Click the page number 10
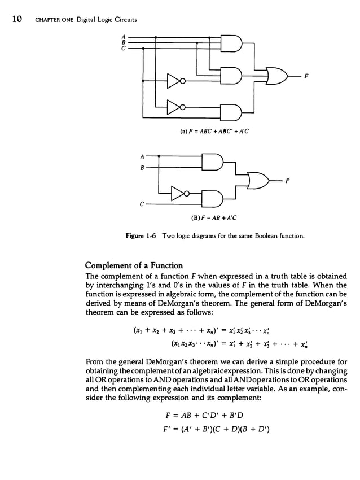[x=16, y=20]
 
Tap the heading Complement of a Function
[x=134, y=265]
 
